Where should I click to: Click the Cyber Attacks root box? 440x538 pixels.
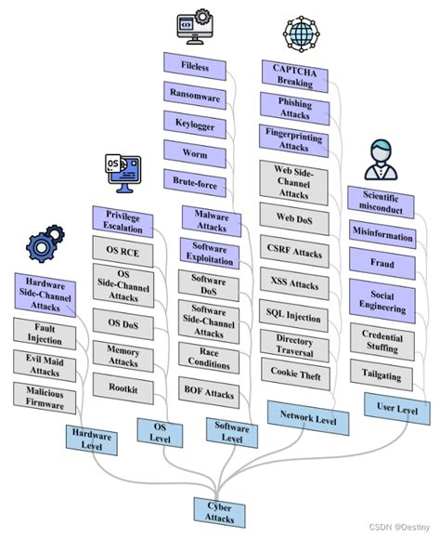[220, 509]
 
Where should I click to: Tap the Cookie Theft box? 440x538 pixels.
[294, 374]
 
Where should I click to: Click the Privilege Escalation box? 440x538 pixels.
[123, 220]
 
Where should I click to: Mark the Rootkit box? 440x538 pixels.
[123, 390]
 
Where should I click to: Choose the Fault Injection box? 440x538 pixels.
[44, 332]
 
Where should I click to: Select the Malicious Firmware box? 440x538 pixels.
[44, 397]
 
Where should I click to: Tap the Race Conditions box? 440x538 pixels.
[209, 359]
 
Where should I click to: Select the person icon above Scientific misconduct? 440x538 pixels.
[379, 160]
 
